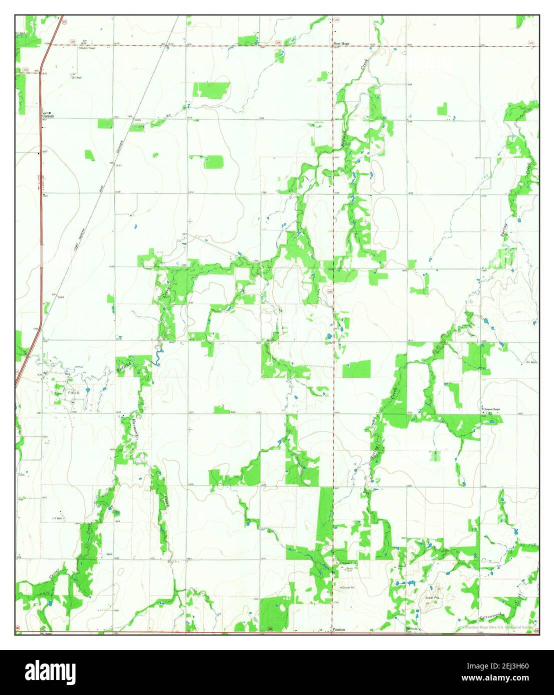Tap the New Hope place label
click(341, 44)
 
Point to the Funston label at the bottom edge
click(339, 630)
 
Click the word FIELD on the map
click(73, 393)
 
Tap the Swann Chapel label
click(492, 409)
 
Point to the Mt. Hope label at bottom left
click(45, 633)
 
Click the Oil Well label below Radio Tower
click(76, 77)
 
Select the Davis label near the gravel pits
click(349, 569)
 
